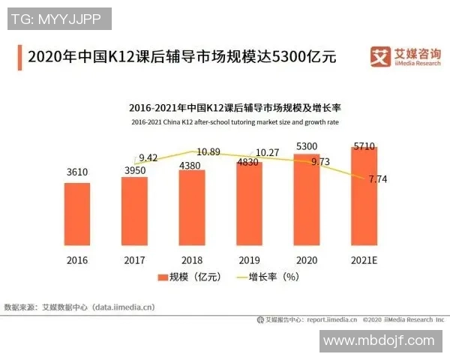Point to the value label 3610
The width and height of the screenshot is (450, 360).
coord(76,172)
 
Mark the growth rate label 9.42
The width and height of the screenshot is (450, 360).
coord(148,157)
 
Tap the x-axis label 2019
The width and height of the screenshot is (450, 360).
coord(249,259)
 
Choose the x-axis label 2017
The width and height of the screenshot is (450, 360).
coord(134,259)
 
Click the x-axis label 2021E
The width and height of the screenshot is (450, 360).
coord(364,259)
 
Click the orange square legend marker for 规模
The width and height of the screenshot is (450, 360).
coord(161,277)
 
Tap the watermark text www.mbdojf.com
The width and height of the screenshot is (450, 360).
coord(379,340)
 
